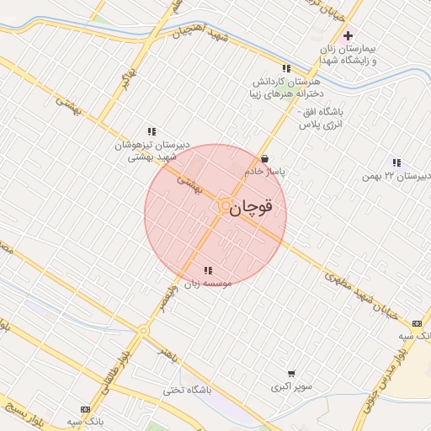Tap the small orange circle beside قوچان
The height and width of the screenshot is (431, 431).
225,205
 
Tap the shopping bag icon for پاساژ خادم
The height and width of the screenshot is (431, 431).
265,158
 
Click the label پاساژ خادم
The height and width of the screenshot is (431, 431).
265,171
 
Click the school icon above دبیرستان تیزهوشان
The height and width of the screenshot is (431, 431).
152,131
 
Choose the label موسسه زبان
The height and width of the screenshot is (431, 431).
207,284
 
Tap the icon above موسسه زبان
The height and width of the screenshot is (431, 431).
208,270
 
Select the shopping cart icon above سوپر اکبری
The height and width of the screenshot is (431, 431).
291,374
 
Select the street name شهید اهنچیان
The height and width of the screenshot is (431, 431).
200,35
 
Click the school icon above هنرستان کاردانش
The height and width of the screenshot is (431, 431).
286,68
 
